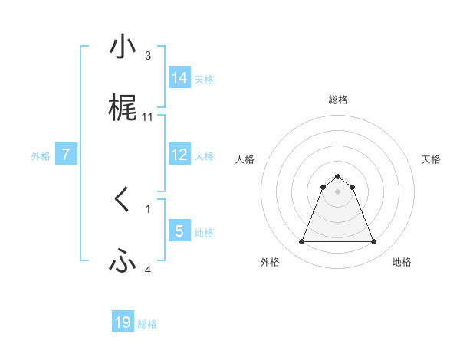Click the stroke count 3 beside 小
tap(148, 55)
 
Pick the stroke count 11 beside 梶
tap(148, 117)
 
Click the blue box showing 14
tap(179, 78)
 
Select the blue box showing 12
tap(179, 155)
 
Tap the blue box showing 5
tap(179, 231)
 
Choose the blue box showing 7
tap(66, 155)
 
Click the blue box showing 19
tap(123, 322)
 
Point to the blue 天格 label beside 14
tap(204, 80)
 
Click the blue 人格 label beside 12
tap(204, 156)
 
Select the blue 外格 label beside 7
tap(41, 156)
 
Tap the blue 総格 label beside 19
tap(147, 324)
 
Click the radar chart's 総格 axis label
tap(337, 100)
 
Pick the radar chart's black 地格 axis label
tap(402, 262)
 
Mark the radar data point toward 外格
tap(301, 242)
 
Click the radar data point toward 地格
tap(373, 242)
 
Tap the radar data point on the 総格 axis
tap(337, 176)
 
